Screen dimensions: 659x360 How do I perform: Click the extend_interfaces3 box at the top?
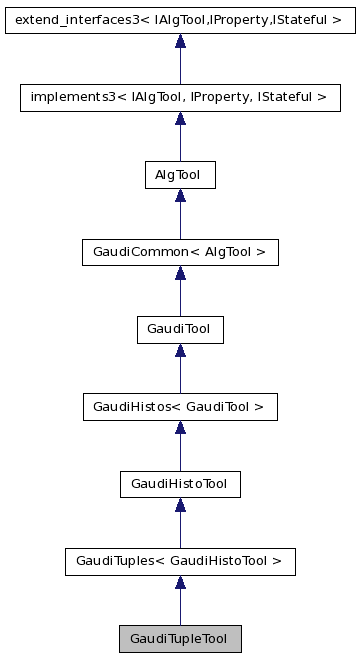pyautogui.click(x=180, y=19)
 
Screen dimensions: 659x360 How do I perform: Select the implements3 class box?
pyautogui.click(x=180, y=97)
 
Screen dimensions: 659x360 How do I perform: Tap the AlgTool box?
pyautogui.click(x=180, y=175)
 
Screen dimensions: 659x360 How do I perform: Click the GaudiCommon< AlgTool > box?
pyautogui.click(x=180, y=252)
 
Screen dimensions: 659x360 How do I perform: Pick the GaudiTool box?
pyautogui.click(x=180, y=329)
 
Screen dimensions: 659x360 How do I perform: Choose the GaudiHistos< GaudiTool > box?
pyautogui.click(x=180, y=407)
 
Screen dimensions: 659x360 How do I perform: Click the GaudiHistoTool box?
pyautogui.click(x=180, y=484)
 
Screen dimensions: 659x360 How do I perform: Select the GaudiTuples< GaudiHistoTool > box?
pyautogui.click(x=180, y=561)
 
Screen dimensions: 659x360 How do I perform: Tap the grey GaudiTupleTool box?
pyautogui.click(x=180, y=638)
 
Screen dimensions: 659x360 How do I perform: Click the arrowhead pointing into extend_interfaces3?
pyautogui.click(x=180, y=41)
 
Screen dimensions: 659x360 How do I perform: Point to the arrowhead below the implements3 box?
pyautogui.click(x=180, y=119)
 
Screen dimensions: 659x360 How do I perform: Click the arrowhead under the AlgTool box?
pyautogui.click(x=180, y=196)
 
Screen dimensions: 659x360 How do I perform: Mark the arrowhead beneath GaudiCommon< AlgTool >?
pyautogui.click(x=180, y=273)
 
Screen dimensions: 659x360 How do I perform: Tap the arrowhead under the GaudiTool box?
pyautogui.click(x=180, y=351)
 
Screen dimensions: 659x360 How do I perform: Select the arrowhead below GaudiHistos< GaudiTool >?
pyautogui.click(x=180, y=428)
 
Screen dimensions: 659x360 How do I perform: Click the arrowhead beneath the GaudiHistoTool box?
pyautogui.click(x=180, y=505)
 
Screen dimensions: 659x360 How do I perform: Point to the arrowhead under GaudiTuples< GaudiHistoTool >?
pyautogui.click(x=180, y=583)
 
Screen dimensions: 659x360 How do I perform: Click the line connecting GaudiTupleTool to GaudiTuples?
pyautogui.click(x=180, y=608)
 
